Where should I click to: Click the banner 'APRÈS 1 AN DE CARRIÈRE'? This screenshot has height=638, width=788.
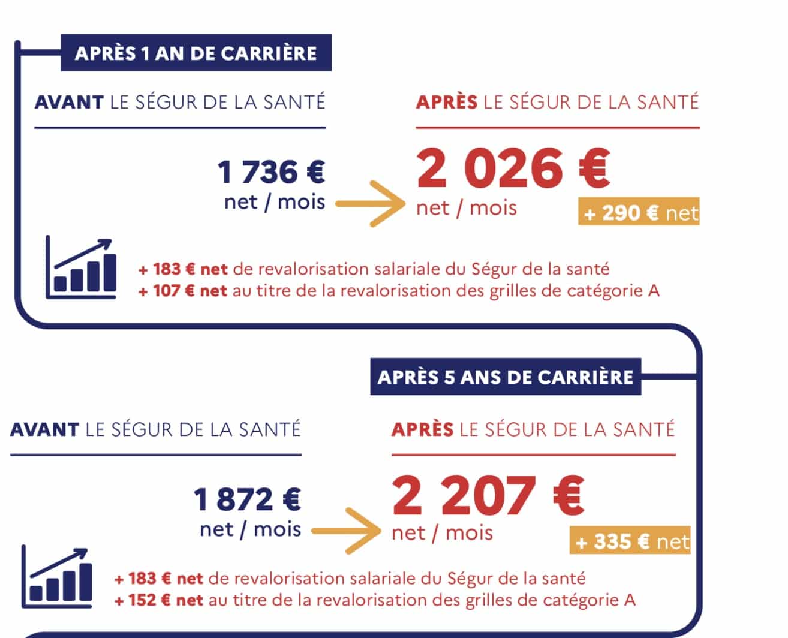196,53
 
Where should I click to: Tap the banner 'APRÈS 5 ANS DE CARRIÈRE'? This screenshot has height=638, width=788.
506,377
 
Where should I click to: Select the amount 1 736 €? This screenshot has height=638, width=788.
271,172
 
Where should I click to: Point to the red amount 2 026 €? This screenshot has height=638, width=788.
513,168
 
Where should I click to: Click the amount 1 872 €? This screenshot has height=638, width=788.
247,499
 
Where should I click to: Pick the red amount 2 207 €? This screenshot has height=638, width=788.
488,496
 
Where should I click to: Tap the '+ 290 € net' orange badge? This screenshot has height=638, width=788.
639,213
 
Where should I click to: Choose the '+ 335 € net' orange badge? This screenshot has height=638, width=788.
631,541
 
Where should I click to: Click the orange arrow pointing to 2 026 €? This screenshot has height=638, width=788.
371,203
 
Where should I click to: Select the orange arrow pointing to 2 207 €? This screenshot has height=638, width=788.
347,531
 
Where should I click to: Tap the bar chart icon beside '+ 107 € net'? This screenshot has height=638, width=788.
81,267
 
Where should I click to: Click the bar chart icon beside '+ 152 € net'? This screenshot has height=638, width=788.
57,577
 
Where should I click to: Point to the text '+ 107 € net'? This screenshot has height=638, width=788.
182,291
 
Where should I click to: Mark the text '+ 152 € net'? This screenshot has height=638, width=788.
158,600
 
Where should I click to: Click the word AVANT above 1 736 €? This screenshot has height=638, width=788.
69,102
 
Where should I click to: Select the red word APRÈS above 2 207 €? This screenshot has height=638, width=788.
423,429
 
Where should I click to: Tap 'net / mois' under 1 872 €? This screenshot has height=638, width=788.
250,529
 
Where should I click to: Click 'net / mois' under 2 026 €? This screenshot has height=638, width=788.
467,208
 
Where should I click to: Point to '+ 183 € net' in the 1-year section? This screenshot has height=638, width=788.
182,269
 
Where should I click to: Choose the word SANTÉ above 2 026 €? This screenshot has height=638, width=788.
668,102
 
